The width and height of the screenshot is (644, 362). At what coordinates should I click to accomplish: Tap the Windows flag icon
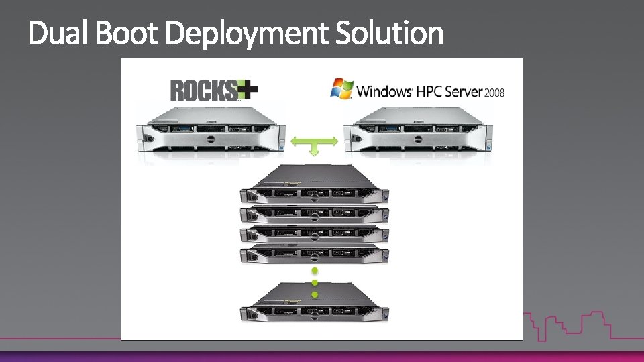pyautogui.click(x=341, y=88)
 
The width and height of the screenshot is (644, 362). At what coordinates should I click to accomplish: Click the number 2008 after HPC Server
pyautogui.click(x=494, y=92)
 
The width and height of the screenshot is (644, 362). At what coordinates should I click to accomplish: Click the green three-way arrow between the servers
pyautogui.click(x=314, y=143)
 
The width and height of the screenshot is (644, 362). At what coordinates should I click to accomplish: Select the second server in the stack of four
pyautogui.click(x=315, y=215)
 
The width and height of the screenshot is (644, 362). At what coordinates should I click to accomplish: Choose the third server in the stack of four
pyautogui.click(x=315, y=235)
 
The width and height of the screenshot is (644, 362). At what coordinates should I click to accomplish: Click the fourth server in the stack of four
pyautogui.click(x=315, y=255)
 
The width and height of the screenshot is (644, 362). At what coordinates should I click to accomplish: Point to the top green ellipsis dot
pyautogui.click(x=314, y=271)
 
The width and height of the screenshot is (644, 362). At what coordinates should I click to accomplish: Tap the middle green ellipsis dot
pyautogui.click(x=314, y=283)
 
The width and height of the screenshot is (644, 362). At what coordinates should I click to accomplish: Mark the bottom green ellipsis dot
pyautogui.click(x=314, y=294)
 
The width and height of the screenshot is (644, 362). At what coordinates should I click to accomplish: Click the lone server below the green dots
pyautogui.click(x=315, y=305)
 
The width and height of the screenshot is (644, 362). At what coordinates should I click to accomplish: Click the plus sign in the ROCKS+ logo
pyautogui.click(x=249, y=89)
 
